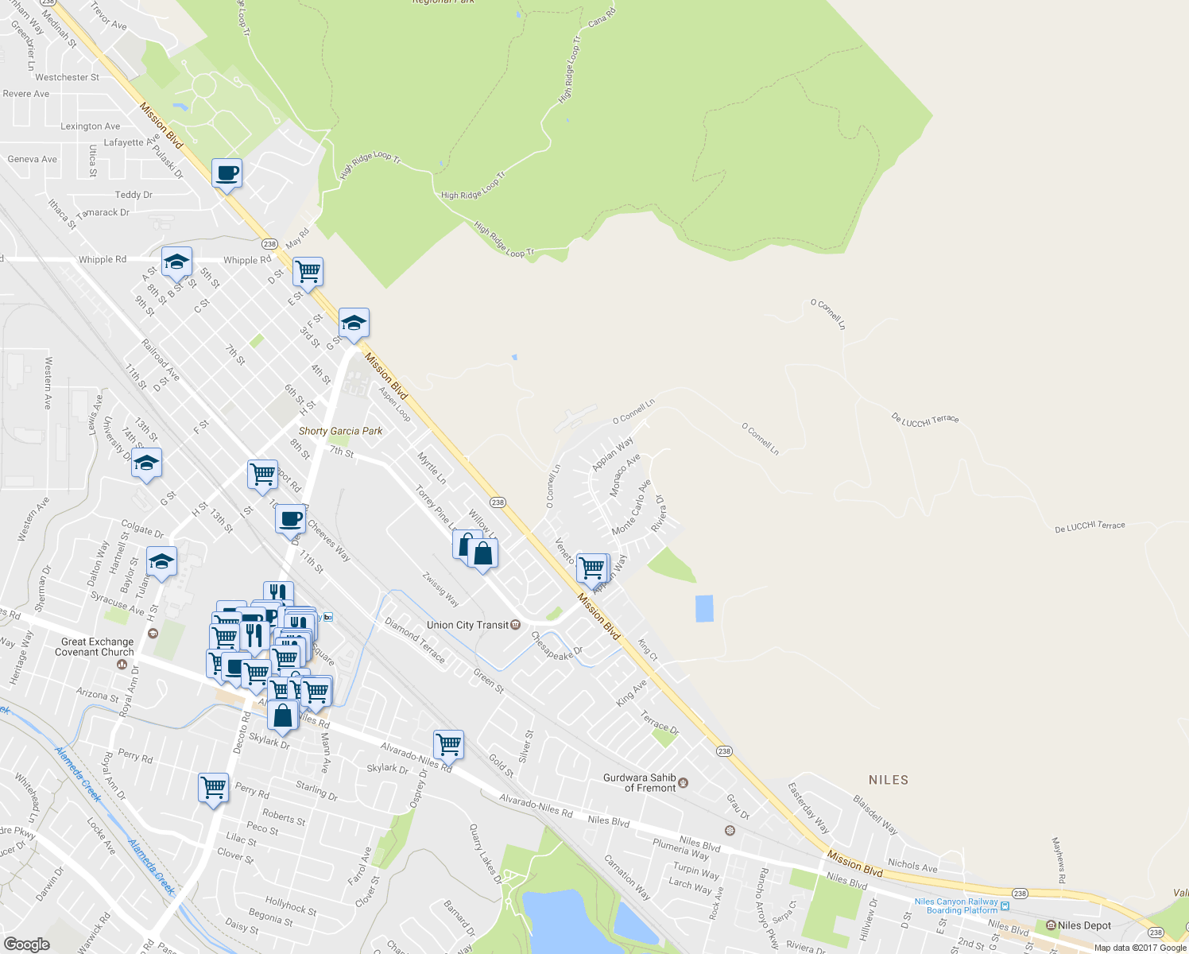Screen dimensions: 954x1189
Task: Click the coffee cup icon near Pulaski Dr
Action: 227,173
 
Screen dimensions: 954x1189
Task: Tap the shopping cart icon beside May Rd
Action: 308,272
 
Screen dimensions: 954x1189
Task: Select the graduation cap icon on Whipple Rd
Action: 176,262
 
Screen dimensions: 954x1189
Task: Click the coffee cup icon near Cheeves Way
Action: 291,518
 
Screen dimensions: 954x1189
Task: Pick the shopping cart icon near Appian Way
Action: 592,568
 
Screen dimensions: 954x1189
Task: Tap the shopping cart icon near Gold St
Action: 449,744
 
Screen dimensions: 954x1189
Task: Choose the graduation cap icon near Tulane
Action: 161,561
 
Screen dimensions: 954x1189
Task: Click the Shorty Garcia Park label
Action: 340,431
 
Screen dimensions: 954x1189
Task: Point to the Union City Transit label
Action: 467,625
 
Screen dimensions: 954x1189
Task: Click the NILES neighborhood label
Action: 889,780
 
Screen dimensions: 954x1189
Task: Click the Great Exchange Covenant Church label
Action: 97,647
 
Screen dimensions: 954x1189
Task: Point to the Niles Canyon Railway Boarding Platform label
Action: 956,906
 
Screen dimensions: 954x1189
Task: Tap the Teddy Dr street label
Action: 134,195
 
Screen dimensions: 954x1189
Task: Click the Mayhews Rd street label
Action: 1059,860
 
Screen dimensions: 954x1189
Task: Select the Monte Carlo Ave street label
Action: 632,507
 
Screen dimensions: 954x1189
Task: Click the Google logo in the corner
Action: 26,944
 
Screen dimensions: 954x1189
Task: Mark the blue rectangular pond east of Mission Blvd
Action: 704,608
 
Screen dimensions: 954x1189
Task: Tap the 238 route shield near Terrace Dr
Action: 723,751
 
